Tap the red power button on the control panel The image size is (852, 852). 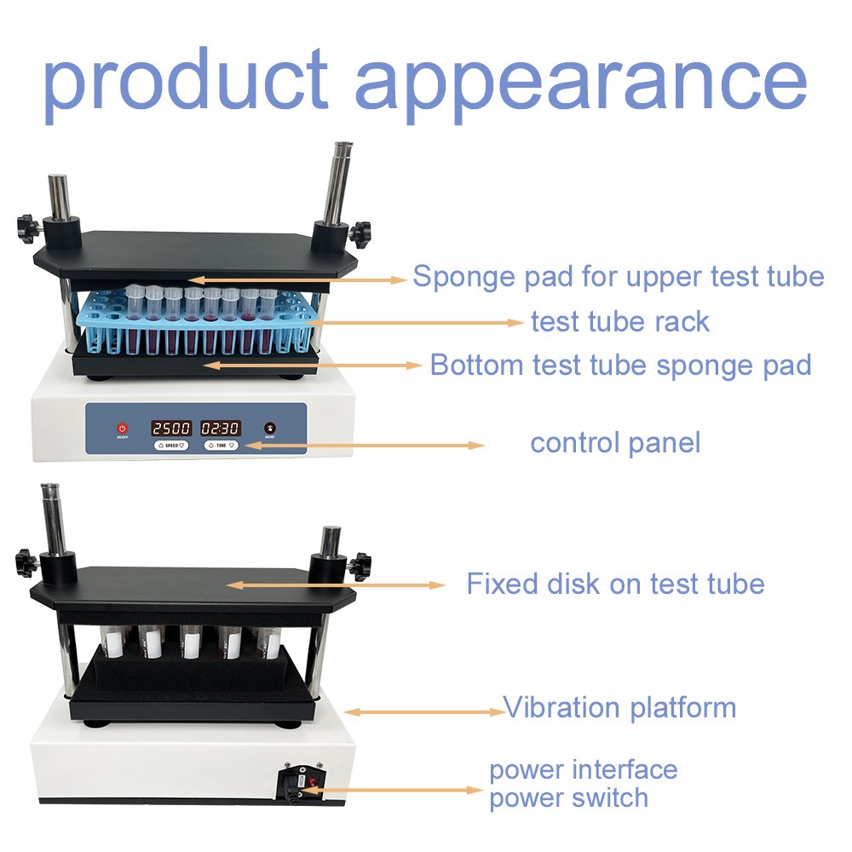pyautogui.click(x=123, y=429)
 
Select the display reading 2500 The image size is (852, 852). pyautogui.click(x=171, y=429)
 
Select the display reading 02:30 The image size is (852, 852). pyautogui.click(x=220, y=429)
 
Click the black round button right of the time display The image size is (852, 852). pyautogui.click(x=269, y=428)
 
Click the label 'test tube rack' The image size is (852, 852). pyautogui.click(x=620, y=322)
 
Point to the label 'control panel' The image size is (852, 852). pyautogui.click(x=615, y=443)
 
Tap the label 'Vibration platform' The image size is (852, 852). pyautogui.click(x=619, y=707)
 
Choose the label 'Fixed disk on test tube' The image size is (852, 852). pyautogui.click(x=616, y=584)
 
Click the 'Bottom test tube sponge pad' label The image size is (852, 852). pyautogui.click(x=620, y=365)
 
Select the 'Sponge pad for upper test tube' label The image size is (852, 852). pyautogui.click(x=619, y=277)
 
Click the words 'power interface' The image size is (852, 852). pyautogui.click(x=583, y=770)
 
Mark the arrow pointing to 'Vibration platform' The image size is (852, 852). pyautogui.click(x=425, y=711)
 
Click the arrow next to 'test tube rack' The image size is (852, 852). pyautogui.click(x=413, y=323)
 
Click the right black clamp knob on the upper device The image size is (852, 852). pyautogui.click(x=360, y=233)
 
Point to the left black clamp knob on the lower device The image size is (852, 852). pyautogui.click(x=26, y=561)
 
